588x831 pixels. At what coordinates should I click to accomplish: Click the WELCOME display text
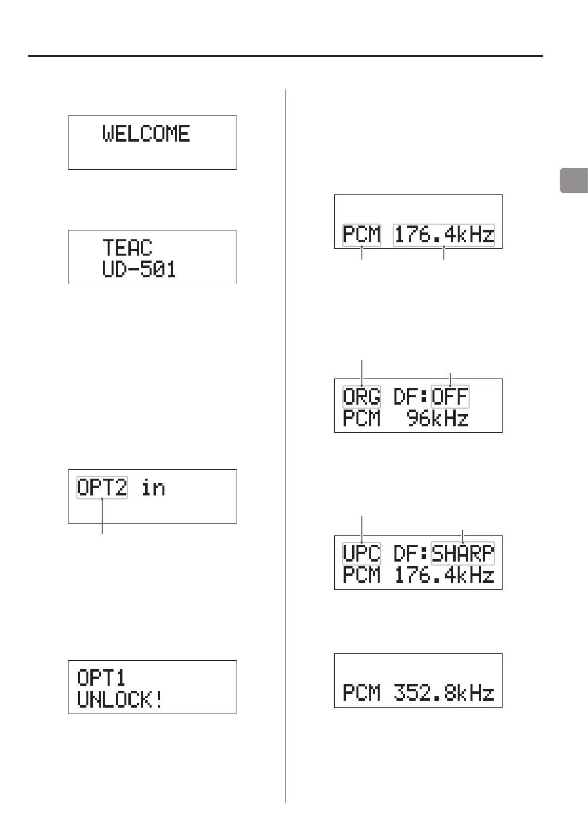coord(146,134)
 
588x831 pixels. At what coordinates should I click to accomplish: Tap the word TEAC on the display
coord(127,248)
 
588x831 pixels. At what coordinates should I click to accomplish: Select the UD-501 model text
coord(139,269)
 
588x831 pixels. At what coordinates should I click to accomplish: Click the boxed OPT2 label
coord(102,488)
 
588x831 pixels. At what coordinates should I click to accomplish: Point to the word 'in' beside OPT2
coord(153,488)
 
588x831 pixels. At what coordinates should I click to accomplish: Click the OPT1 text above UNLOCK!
coord(102,678)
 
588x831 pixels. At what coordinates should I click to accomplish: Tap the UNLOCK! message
coord(120,700)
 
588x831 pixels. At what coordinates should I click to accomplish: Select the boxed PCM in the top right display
coord(362,234)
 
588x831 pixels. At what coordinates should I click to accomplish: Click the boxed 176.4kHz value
coord(444,234)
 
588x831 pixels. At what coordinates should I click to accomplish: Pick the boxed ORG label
coord(362,397)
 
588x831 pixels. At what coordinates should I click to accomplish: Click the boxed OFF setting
coord(450,397)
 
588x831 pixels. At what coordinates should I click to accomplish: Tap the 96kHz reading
coord(437,419)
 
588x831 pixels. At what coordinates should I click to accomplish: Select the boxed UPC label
coord(362,553)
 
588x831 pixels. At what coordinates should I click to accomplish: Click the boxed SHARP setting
coord(463,553)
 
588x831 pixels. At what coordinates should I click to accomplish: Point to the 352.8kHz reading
coord(444,693)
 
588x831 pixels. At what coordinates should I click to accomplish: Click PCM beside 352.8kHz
coord(362,693)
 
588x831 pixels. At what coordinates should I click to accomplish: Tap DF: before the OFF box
coord(411,397)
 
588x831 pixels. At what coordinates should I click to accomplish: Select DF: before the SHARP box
coord(411,553)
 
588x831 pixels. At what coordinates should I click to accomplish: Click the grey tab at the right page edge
coord(574,180)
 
